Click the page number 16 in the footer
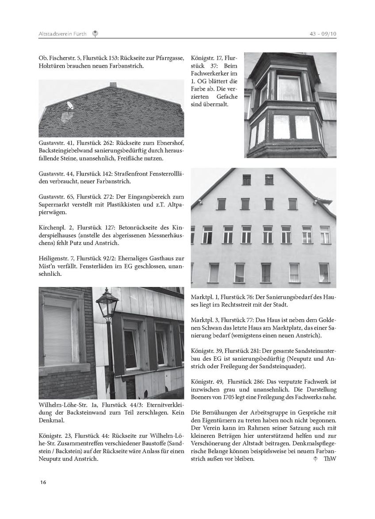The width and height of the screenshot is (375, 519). point(42,482)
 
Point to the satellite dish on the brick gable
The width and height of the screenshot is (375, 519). point(70,106)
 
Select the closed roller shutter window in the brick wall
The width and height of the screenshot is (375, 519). point(57,334)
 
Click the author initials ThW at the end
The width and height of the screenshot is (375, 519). point(330,459)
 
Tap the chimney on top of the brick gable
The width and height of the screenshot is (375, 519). point(113,84)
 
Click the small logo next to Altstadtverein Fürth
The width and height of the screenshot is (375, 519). point(95,34)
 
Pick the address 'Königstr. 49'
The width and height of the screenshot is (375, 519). point(207,382)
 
